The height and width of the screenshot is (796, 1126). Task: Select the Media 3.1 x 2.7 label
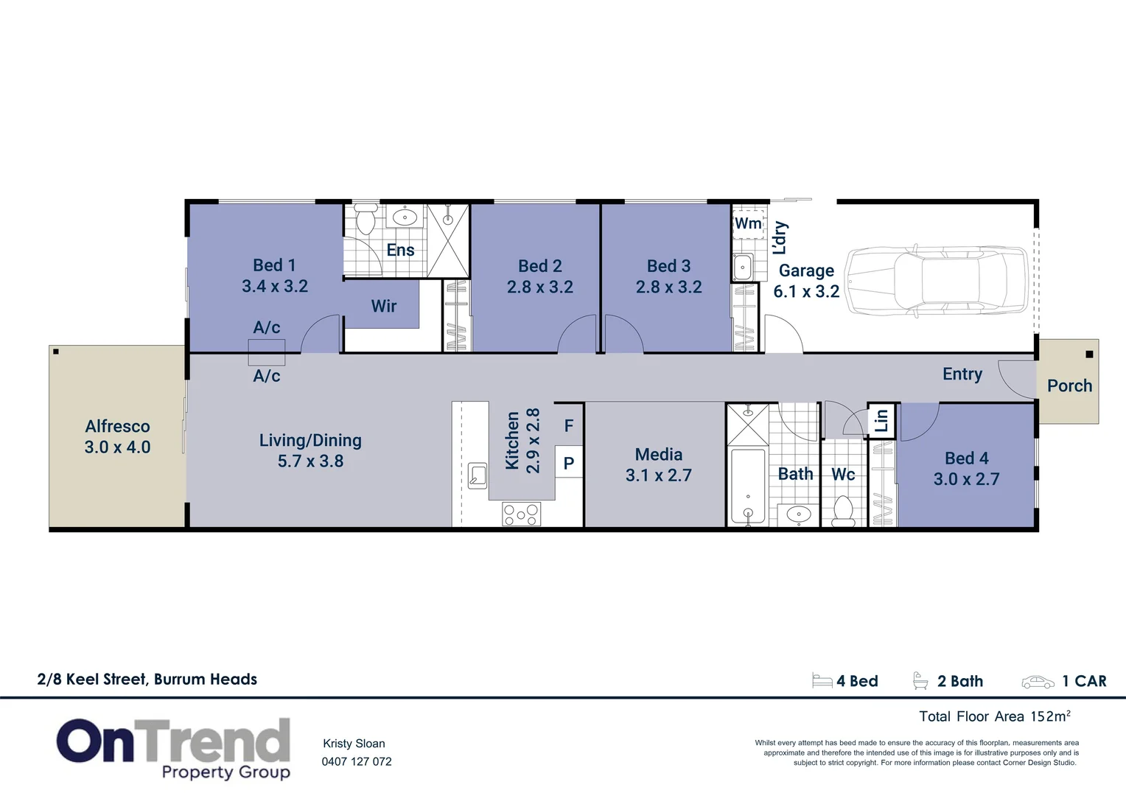coord(658,465)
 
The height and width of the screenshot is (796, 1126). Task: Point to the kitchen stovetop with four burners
coord(521,514)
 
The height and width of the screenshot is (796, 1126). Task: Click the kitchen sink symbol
coord(478,475)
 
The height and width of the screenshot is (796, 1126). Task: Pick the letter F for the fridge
coord(569,425)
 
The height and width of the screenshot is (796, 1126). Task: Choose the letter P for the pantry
coord(569,464)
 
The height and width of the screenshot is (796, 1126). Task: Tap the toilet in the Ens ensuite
coord(366,220)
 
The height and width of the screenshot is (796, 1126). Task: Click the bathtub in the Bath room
coord(748,487)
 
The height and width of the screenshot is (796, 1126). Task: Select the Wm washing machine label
coord(748,223)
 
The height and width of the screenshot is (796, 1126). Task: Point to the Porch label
coord(1069,385)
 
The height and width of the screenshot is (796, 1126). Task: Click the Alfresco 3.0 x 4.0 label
coord(117,436)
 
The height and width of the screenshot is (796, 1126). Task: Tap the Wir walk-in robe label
coord(384,306)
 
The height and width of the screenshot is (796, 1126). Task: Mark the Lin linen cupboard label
coord(881,420)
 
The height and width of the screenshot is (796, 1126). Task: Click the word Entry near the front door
coord(962,374)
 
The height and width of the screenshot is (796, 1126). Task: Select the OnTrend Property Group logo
coord(174,748)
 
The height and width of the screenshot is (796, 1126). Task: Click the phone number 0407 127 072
coord(357,761)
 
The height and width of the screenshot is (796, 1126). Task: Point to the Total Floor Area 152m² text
coord(994,716)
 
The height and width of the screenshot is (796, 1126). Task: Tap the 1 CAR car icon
coord(1038,682)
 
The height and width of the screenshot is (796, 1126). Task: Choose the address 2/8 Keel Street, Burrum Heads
coord(147,680)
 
